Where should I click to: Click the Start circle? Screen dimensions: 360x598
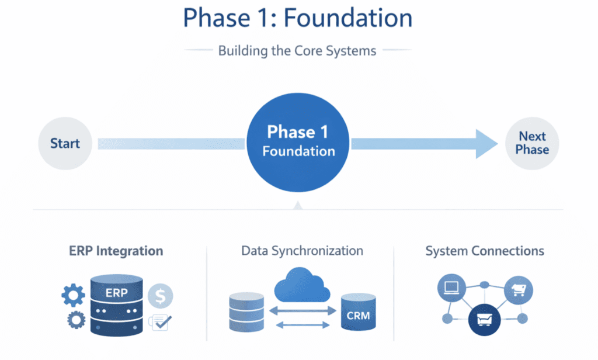pos(65,143)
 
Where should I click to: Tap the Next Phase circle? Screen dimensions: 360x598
pos(532,143)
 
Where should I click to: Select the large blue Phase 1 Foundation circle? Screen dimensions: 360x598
pos(298,142)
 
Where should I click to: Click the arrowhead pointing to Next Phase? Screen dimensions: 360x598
pos(486,143)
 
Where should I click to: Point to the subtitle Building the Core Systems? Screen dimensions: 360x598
pos(297,51)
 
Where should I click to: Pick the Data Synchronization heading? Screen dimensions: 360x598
pos(302,251)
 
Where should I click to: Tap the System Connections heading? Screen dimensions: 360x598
pos(485,251)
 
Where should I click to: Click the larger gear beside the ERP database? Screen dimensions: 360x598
pos(73,296)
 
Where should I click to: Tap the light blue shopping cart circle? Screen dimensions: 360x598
pos(517,289)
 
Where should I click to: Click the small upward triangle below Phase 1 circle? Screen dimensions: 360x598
pos(298,205)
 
